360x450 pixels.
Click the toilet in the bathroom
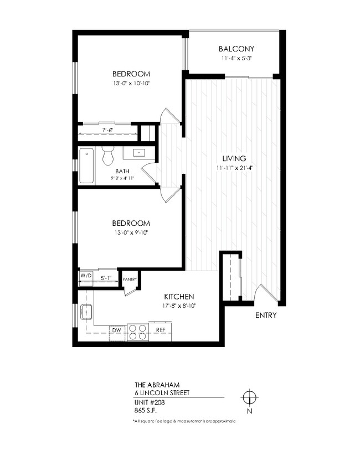(x=109, y=156)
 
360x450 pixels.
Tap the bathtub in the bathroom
(x=87, y=165)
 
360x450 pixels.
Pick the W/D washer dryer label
(x=86, y=275)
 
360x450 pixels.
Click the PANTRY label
(x=130, y=280)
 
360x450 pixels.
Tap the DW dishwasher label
(x=117, y=330)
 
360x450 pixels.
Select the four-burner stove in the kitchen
(x=138, y=331)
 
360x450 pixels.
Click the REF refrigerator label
(x=161, y=330)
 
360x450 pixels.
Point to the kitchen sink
(x=86, y=313)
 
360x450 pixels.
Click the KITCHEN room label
(x=179, y=296)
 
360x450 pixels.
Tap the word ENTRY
(x=266, y=315)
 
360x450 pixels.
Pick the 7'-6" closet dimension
(x=108, y=131)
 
